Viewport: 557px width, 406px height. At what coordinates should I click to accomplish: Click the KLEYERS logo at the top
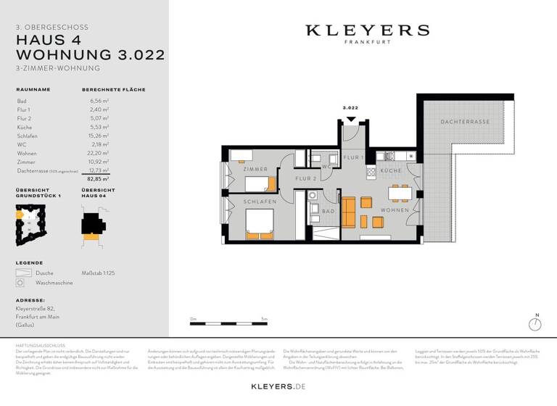366,31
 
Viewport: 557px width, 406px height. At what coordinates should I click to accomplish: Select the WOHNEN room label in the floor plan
395,210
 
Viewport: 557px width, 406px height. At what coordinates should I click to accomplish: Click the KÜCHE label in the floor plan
391,170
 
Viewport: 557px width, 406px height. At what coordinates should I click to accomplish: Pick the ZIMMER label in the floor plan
255,169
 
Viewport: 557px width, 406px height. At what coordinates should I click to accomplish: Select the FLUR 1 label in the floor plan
352,157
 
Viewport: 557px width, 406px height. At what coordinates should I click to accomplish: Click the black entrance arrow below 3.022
351,119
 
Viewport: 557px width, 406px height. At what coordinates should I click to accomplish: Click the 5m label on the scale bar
265,318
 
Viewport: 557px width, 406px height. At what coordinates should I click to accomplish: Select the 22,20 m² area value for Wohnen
99,153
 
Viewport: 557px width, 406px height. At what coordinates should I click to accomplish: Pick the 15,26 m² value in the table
99,136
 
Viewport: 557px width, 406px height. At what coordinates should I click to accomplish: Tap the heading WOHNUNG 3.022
90,54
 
